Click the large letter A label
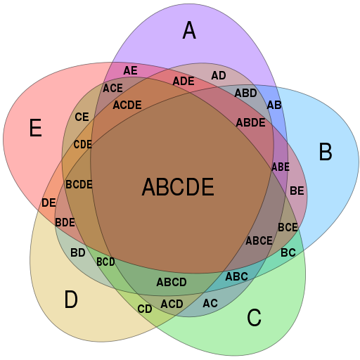(189, 30)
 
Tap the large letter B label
(326, 152)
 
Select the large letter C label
(254, 317)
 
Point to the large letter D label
(71, 299)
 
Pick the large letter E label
(36, 128)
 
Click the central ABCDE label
(178, 187)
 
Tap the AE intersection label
(130, 70)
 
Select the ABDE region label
(250, 122)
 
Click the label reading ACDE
(127, 105)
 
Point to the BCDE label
(79, 184)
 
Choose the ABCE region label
(259, 240)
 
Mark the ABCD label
(172, 282)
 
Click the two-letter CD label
(145, 309)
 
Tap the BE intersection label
(297, 191)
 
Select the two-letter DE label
(49, 202)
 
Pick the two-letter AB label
(274, 105)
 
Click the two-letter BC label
(288, 252)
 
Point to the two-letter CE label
(82, 117)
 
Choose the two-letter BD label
(78, 252)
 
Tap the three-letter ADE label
(184, 82)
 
